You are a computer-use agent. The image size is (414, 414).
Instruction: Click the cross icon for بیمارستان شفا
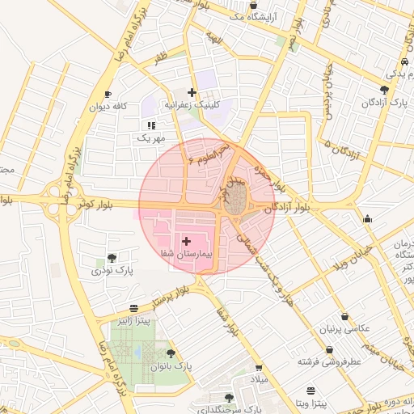[186, 241]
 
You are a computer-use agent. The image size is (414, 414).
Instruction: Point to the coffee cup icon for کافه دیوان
[108, 95]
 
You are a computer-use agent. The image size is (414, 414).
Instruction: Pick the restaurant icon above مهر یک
[151, 125]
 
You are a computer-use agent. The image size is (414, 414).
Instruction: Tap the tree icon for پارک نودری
[111, 258]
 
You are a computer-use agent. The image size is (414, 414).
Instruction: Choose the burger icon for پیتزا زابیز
[133, 308]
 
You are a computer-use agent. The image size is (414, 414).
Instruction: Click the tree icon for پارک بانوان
[170, 353]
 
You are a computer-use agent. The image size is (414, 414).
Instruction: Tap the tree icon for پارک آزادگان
[384, 90]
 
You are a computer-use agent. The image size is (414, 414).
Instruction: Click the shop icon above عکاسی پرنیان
[345, 316]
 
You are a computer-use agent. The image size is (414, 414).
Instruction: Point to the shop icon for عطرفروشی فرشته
[306, 348]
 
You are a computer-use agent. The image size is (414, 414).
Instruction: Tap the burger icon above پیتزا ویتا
[311, 391]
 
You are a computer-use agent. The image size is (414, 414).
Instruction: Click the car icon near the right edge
[403, 63]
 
